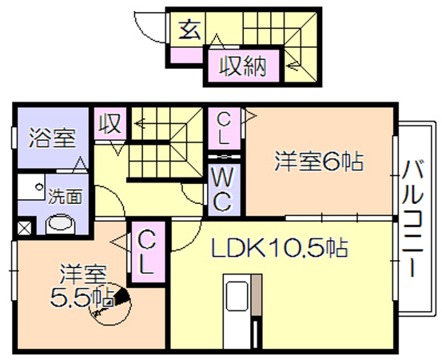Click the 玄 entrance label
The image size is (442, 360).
[x=190, y=30]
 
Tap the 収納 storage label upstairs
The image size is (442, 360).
[x=243, y=66]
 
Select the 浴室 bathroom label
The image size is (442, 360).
[x=53, y=138]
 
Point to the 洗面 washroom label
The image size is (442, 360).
[x=66, y=196]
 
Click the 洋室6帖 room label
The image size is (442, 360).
[x=319, y=161]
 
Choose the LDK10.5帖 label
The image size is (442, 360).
[x=280, y=247]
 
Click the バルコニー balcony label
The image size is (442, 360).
[x=412, y=218]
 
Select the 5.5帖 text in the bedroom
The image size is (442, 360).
[x=82, y=297]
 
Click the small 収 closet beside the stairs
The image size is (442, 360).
[x=110, y=124]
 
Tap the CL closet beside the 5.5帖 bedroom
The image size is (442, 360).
[x=145, y=252]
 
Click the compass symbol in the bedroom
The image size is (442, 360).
[x=110, y=304]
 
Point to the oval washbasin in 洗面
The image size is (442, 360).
[x=61, y=224]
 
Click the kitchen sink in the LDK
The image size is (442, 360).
[x=237, y=297]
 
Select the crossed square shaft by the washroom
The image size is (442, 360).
[x=25, y=228]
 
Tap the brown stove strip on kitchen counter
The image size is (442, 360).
[x=257, y=294]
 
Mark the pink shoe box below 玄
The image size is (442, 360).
[x=186, y=55]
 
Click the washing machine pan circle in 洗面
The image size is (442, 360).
[x=39, y=186]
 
